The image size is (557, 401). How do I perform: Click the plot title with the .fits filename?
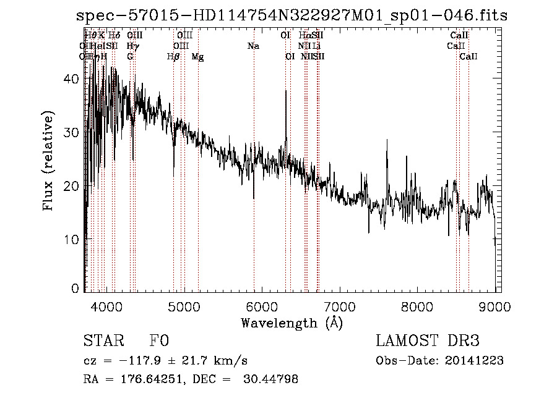pos(291,15)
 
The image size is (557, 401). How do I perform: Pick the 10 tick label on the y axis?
pos(71,239)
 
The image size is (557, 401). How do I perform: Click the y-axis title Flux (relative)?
pos(48,161)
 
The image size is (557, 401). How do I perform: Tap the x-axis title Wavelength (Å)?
pos(291,323)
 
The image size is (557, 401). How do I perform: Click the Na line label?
pos(253,46)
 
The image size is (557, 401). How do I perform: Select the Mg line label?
pos(197,57)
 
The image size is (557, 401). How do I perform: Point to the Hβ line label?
pos(173,57)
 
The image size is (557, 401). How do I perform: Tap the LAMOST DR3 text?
pos(428,342)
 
